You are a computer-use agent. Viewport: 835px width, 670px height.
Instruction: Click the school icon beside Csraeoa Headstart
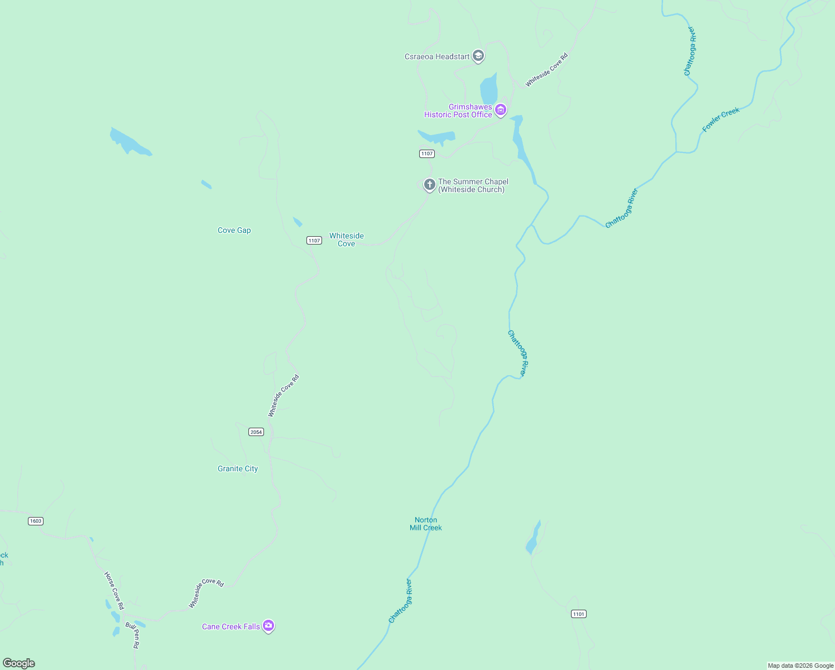478,56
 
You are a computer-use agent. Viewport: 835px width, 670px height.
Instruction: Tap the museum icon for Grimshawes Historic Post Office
501,111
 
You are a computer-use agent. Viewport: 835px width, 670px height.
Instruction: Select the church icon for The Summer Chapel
429,185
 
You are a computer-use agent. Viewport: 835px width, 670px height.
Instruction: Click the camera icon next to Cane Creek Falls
268,626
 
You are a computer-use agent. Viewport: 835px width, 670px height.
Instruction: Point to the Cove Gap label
234,230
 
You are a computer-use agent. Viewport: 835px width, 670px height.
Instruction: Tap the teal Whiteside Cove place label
346,240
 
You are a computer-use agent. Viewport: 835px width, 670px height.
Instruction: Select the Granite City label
238,468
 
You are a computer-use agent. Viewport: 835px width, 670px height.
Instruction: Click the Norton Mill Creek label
426,524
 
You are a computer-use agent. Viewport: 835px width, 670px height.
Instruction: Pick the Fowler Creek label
721,119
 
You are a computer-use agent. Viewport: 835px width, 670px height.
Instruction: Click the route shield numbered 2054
256,432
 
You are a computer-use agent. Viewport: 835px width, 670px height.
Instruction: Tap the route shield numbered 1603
36,521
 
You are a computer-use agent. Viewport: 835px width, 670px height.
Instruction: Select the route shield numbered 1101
579,614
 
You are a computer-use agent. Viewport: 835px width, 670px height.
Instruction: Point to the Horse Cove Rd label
114,590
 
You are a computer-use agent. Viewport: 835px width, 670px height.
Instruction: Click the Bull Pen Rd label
132,635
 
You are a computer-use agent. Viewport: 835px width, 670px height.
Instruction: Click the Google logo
19,663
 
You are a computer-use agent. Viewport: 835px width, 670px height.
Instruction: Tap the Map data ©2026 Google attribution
800,666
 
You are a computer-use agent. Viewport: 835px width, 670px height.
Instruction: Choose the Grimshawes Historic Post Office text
458,111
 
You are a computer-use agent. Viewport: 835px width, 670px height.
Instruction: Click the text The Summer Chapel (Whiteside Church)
473,185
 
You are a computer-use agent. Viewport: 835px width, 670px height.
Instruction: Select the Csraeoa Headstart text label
437,56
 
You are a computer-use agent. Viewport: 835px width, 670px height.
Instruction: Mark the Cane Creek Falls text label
231,626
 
